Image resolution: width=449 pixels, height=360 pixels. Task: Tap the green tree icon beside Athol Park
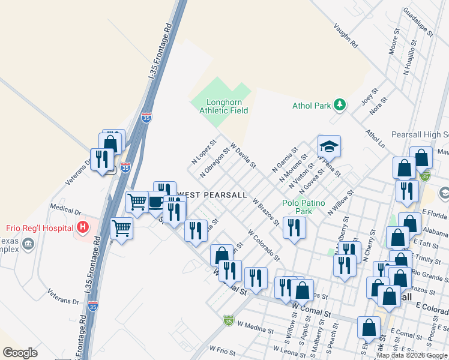pos(340,106)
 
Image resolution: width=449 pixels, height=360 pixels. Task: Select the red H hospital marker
pos(83,227)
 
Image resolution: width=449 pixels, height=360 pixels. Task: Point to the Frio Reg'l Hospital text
pos(40,228)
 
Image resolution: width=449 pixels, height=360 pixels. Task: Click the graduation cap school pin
pos(329,146)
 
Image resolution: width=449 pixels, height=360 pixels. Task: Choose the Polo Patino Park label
pos(304,207)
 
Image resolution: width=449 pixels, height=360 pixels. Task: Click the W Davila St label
pos(243,155)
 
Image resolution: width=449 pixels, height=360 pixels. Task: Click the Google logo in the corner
pos(20,353)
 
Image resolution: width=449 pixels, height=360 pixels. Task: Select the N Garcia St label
pos(285,160)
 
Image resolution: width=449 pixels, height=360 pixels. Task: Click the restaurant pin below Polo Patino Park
pos(294,227)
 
